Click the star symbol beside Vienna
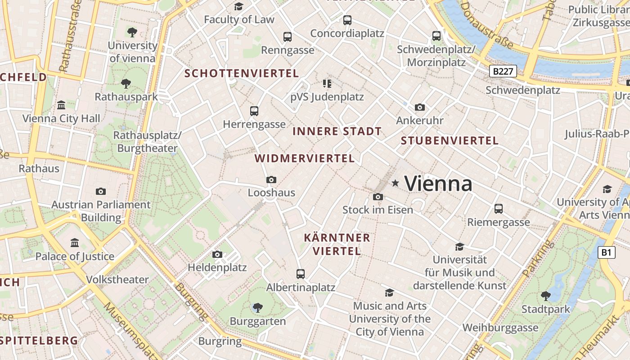click(x=396, y=183)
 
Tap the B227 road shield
click(x=503, y=71)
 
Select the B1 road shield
click(x=606, y=252)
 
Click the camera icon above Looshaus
click(x=271, y=180)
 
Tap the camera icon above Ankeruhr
click(x=419, y=107)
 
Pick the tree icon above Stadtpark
click(x=545, y=296)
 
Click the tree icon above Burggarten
click(x=257, y=307)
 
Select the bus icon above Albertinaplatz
click(x=301, y=274)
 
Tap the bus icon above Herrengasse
click(x=254, y=111)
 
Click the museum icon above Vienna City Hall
click(x=61, y=105)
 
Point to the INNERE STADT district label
click(x=337, y=131)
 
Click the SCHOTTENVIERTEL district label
click(x=242, y=73)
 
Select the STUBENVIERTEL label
click(x=450, y=140)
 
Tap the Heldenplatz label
click(x=217, y=267)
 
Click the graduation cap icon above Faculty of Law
click(x=238, y=6)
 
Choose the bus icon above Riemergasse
click(x=498, y=208)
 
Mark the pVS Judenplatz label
click(x=327, y=97)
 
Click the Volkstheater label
click(x=117, y=279)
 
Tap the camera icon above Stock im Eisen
click(x=378, y=197)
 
